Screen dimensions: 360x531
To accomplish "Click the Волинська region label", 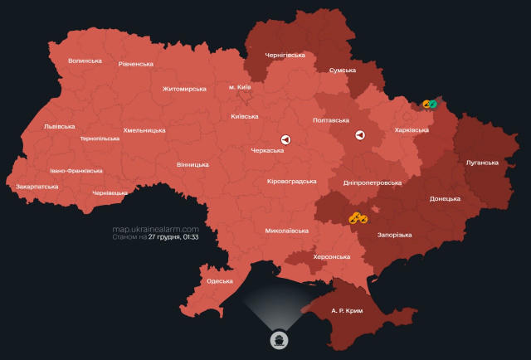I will tap(85, 61).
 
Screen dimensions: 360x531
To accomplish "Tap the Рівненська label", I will tap(136, 64).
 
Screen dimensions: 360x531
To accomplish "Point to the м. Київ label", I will tap(239, 87).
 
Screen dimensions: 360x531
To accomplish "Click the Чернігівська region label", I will tap(285, 55).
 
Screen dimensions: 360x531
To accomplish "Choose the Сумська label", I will tap(343, 71).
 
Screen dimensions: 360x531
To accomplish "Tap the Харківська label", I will tap(412, 130).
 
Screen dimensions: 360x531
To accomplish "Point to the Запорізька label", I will tap(394, 236).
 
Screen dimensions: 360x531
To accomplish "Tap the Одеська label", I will tap(219, 281).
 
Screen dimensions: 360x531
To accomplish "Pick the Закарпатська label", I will tap(37, 187).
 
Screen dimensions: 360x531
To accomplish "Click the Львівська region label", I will tap(59, 126).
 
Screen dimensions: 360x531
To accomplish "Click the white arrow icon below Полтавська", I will tap(360, 135).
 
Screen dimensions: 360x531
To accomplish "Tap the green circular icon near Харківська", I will tap(433, 104).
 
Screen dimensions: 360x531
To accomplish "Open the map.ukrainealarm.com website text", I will tap(156, 229).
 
